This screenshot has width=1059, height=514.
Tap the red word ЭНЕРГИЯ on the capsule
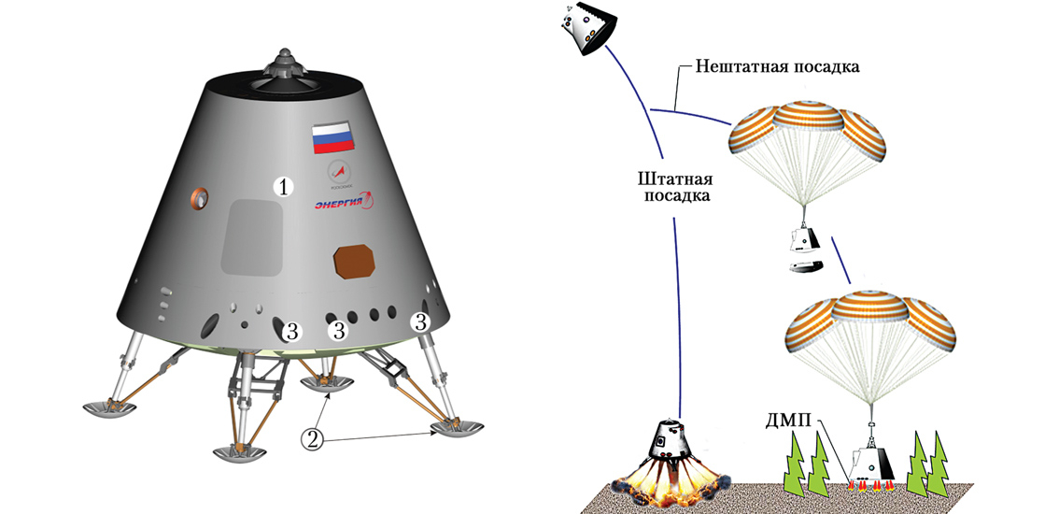click(342, 204)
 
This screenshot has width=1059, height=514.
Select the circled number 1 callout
click(284, 187)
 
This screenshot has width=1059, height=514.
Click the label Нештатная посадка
click(777, 67)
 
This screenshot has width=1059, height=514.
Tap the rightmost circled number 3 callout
click(422, 322)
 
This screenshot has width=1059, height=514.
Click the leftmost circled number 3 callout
click(292, 330)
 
